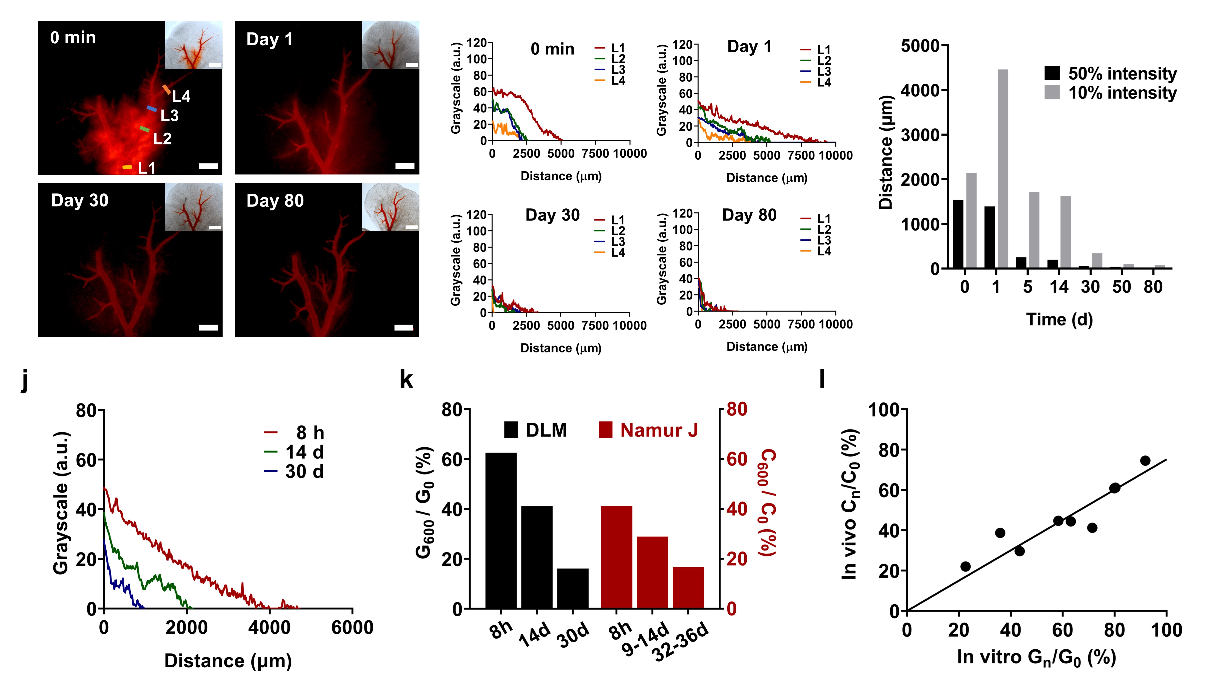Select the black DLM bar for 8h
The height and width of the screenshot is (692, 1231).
click(501, 530)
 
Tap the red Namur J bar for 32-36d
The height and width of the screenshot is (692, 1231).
click(688, 587)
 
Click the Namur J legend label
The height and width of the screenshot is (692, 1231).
click(659, 430)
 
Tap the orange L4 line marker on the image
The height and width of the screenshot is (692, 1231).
click(166, 89)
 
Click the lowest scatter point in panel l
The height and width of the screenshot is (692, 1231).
click(965, 566)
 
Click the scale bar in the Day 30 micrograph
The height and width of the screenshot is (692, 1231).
click(208, 328)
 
